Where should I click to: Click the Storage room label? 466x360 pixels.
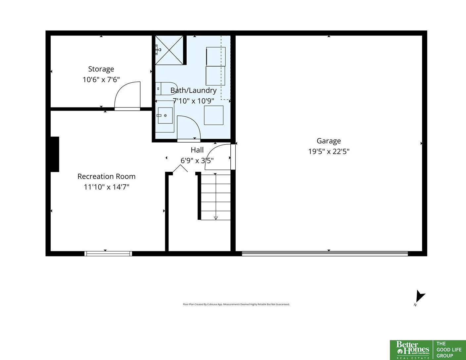(x=101, y=69)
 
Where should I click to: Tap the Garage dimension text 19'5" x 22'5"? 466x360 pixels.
(x=329, y=152)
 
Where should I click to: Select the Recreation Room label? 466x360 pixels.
(x=106, y=176)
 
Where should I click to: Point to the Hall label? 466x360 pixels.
(x=197, y=150)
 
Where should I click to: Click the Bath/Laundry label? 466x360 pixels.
(x=193, y=90)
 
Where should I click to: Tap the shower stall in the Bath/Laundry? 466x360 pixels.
(x=169, y=50)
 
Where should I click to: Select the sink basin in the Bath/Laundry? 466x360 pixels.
(x=165, y=115)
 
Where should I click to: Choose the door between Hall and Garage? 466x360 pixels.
(x=220, y=157)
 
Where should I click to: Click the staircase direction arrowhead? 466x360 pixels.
(x=216, y=218)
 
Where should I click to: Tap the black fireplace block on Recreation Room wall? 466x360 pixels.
(x=55, y=154)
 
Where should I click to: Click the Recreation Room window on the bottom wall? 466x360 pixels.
(x=108, y=254)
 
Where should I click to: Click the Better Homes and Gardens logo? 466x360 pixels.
(x=412, y=350)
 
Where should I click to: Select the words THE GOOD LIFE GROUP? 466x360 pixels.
(x=449, y=350)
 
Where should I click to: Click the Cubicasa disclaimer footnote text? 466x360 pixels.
(x=236, y=304)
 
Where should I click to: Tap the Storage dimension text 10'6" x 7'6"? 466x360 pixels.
(x=101, y=80)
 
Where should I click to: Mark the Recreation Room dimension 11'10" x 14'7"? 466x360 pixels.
(x=106, y=187)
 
